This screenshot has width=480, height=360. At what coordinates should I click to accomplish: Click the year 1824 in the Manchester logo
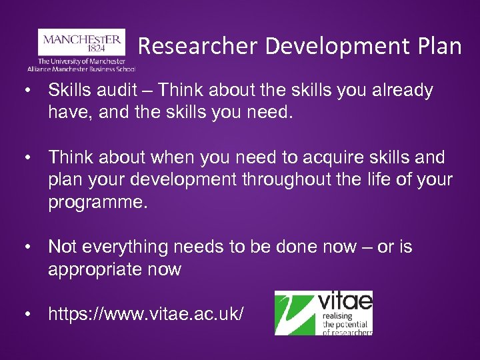81,49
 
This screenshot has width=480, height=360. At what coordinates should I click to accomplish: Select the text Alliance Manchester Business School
81,68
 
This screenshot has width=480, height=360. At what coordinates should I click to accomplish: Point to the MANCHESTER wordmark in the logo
81,39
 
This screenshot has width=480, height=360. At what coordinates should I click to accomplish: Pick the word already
397,91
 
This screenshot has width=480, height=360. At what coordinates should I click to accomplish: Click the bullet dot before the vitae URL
27,314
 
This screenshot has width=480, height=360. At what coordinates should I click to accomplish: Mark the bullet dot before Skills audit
27,91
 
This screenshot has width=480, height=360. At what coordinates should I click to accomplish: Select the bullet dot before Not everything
27,247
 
